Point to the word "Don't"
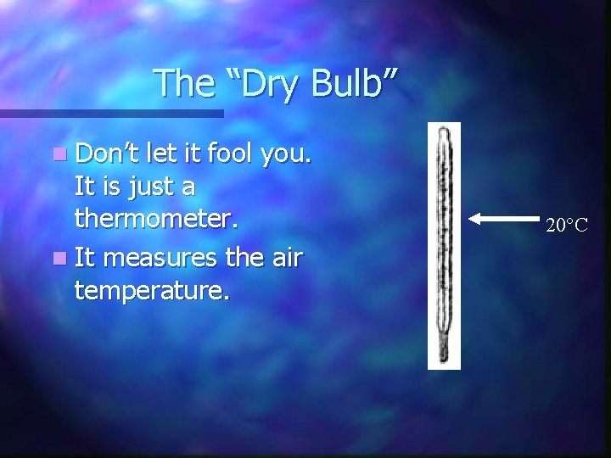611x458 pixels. [x=108, y=154]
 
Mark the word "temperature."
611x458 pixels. [x=152, y=291]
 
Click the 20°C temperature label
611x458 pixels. [x=567, y=226]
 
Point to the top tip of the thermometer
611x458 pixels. [x=443, y=131]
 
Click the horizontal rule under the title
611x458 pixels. [x=111, y=113]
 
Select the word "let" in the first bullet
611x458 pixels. [x=158, y=154]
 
